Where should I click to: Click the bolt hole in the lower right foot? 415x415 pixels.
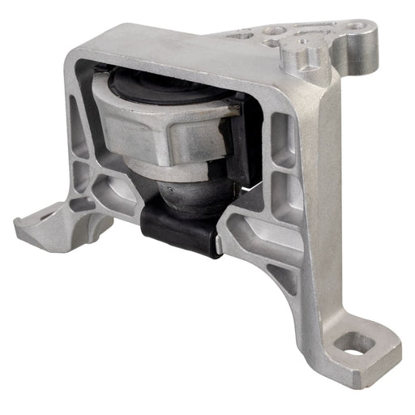click(x=354, y=344)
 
